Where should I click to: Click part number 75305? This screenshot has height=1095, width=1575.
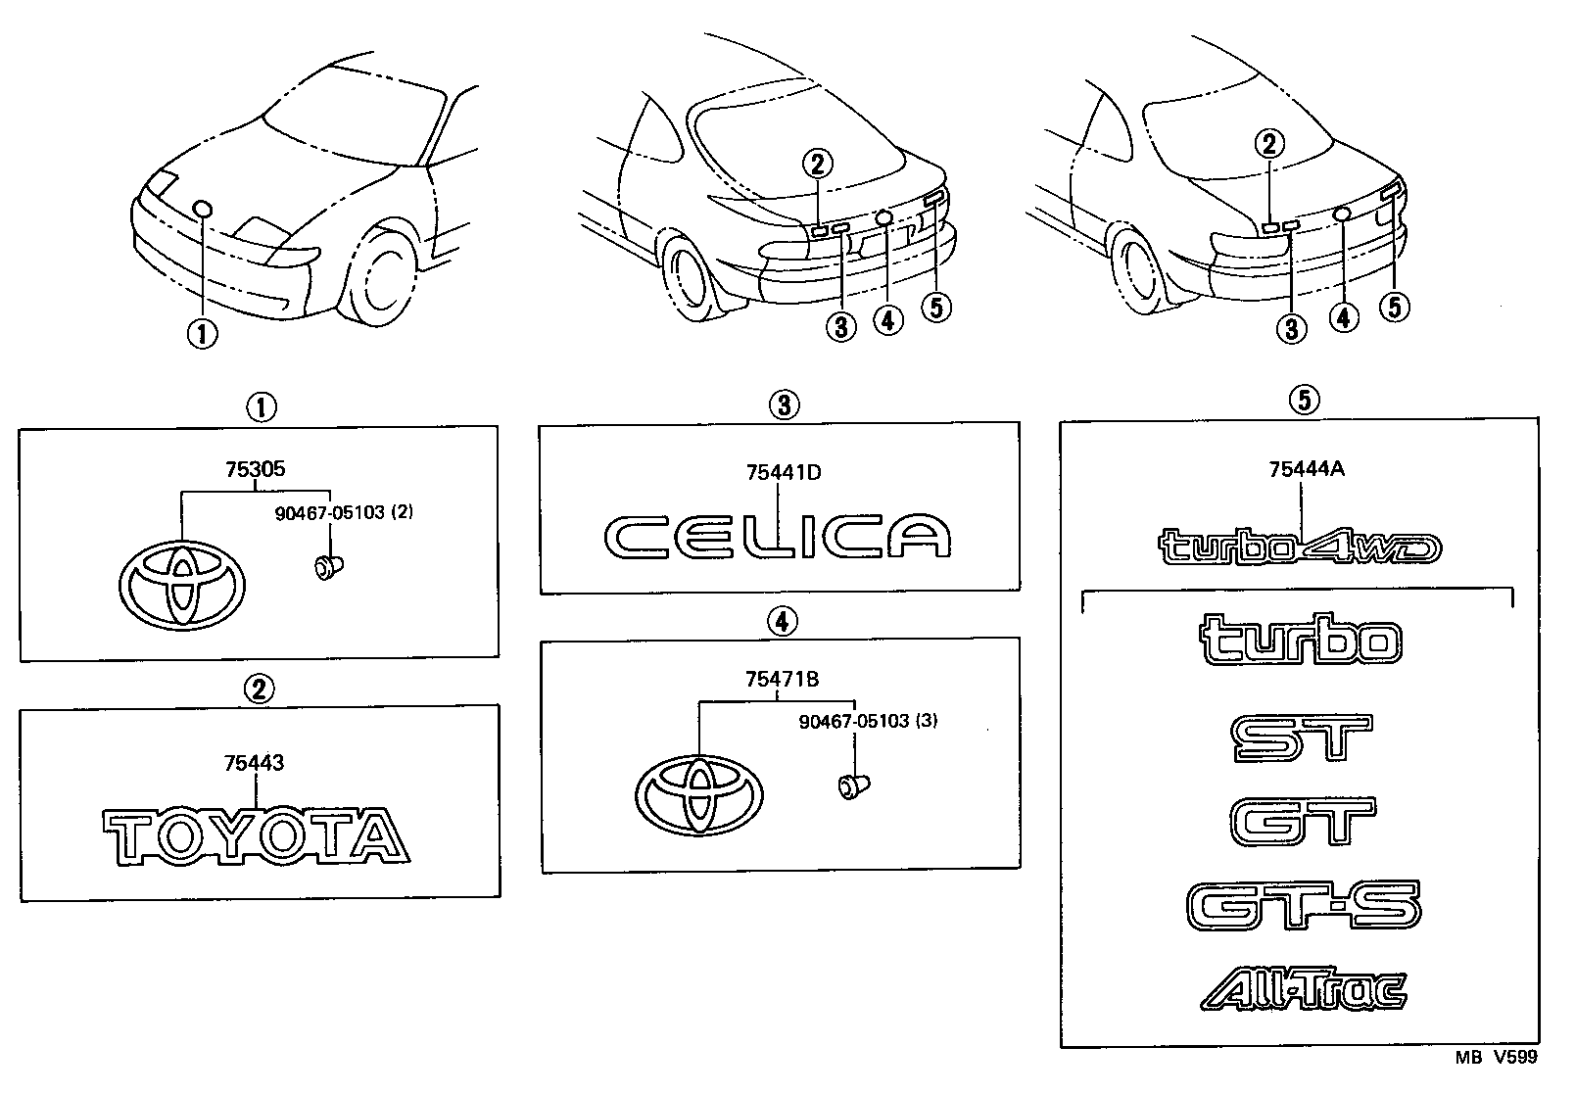pyautogui.click(x=256, y=469)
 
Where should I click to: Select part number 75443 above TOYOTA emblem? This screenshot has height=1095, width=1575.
pyautogui.click(x=255, y=762)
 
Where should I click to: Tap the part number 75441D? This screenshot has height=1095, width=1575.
pyautogui.click(x=783, y=473)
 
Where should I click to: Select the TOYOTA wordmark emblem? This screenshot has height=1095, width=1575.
pyautogui.click(x=256, y=835)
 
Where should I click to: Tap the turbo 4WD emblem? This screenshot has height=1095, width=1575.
pyautogui.click(x=1301, y=548)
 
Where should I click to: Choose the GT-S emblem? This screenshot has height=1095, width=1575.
pyautogui.click(x=1303, y=905)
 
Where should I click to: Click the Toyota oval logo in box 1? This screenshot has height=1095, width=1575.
pyautogui.click(x=182, y=583)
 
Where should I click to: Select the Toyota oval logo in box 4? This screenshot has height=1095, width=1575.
pyautogui.click(x=699, y=794)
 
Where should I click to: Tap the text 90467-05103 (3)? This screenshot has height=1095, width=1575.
pyautogui.click(x=855, y=722)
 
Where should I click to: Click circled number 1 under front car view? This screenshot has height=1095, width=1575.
pyautogui.click(x=202, y=334)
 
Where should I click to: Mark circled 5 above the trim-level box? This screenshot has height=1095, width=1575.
pyautogui.click(x=1303, y=399)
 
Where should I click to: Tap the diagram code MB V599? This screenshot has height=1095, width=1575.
pyautogui.click(x=1495, y=1058)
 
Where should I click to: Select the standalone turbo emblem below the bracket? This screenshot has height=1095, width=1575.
pyautogui.click(x=1301, y=641)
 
